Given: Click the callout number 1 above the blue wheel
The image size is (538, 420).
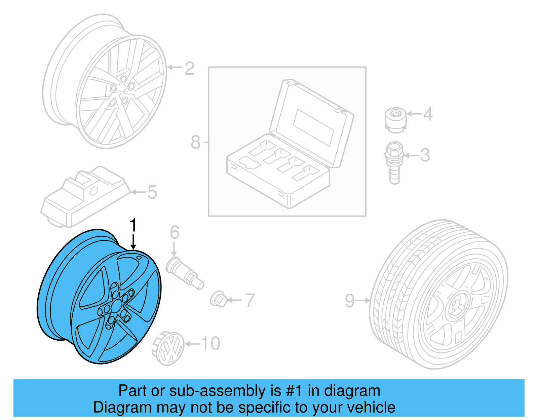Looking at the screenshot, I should tap(133, 225).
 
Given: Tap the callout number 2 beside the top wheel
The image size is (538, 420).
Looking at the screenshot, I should tap(190, 68).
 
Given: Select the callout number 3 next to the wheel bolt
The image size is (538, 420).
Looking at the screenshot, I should tap(425, 155).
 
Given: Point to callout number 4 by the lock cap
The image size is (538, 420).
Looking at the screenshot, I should tap(428, 114).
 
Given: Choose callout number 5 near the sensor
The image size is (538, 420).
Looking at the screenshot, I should tap(152, 192).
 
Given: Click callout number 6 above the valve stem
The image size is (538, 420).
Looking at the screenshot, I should tap(175, 232).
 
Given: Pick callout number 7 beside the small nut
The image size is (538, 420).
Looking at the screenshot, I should tap(249, 300).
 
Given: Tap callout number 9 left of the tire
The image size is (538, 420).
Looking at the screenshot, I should tap(350, 300).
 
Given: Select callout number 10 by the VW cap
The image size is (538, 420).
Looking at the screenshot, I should tap(210, 344).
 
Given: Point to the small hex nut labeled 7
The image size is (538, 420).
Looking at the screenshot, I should tap(218, 299).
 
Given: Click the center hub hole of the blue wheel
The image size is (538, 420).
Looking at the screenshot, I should tap(117, 306).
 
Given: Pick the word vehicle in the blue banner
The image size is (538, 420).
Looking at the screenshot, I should tap(371, 407).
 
